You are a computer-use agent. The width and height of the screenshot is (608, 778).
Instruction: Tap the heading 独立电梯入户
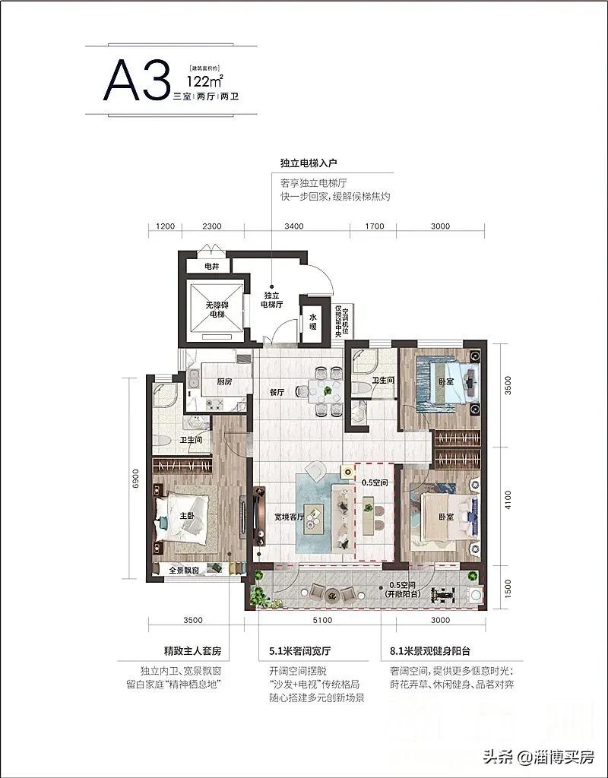click(x=313, y=163)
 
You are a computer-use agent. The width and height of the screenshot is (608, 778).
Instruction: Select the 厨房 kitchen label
click(x=223, y=382)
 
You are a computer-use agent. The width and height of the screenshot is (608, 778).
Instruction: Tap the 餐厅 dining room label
click(x=276, y=393)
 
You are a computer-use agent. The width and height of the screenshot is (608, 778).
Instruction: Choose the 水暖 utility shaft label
click(x=313, y=323)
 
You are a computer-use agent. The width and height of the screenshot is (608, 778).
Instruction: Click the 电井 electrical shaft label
click(x=213, y=267)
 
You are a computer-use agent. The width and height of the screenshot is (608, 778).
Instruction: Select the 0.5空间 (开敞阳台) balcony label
click(x=402, y=590)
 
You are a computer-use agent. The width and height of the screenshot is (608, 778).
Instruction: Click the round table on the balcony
click(x=332, y=596)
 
